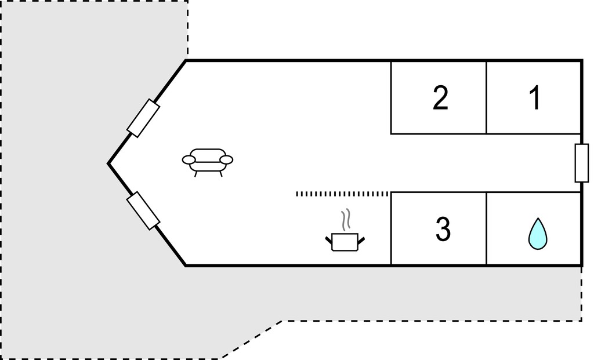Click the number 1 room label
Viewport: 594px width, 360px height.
534,97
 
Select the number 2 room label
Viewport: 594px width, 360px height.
440,97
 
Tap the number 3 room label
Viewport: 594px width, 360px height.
443,228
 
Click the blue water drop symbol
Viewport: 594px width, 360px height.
538,234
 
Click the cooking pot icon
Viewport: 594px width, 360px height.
345,242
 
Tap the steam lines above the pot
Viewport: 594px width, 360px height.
345,220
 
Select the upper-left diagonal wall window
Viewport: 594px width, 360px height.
143,118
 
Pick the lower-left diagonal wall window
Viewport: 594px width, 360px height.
143,210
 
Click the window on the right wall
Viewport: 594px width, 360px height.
582,163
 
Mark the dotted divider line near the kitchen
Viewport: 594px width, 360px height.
342,194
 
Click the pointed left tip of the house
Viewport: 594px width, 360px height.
108,163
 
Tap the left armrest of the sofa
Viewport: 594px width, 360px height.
189,160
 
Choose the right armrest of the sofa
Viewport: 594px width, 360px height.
227,160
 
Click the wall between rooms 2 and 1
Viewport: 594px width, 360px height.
486,97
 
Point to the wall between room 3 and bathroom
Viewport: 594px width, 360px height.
486,228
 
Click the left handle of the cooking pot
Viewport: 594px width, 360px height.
329,239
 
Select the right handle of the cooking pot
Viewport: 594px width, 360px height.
361,239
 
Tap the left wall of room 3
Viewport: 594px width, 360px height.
391,228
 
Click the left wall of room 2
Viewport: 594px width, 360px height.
391,97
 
